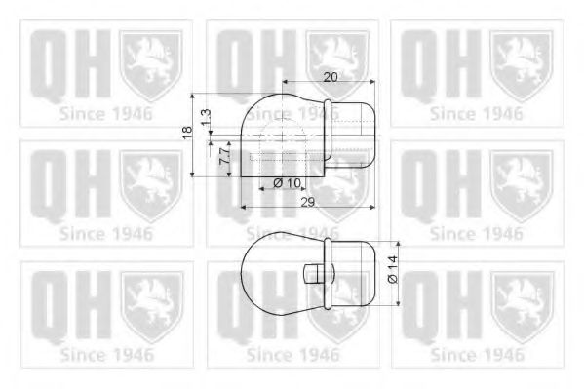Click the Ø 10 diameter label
tap(287, 183)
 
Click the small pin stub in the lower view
tap(314, 271)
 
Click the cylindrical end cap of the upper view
tap(355, 136)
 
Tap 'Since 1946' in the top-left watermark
tap(105, 114)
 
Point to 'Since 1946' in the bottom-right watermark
tap(477, 354)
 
